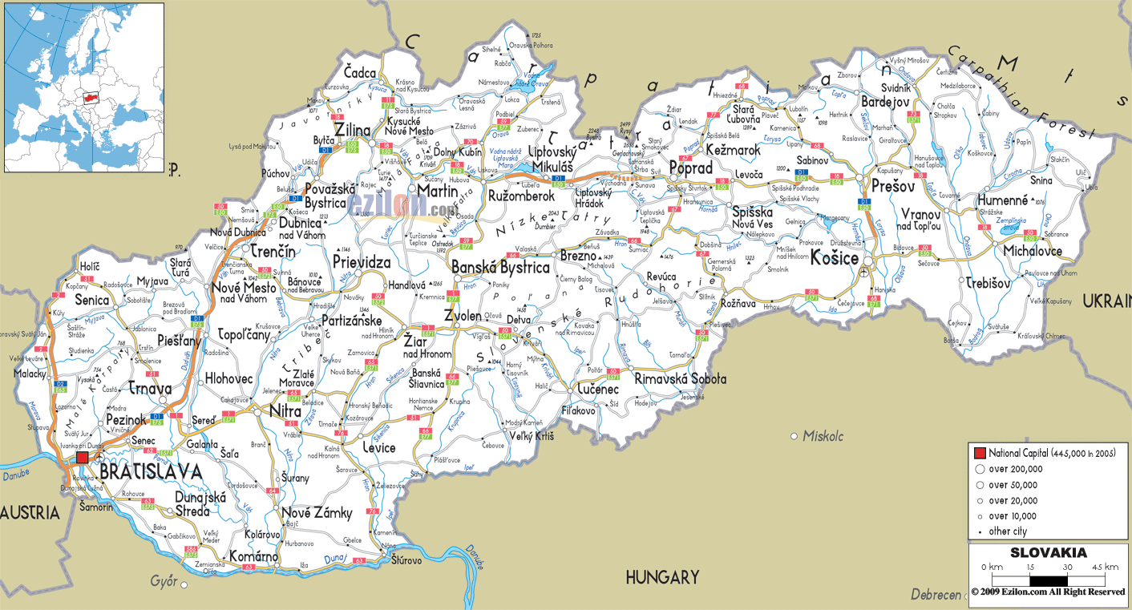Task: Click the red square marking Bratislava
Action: [x=83, y=458]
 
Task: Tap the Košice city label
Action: [x=835, y=259]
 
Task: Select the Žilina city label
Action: [x=353, y=130]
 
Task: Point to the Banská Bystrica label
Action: [x=500, y=268]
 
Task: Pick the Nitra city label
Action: [x=285, y=412]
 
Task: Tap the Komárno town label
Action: [x=253, y=556]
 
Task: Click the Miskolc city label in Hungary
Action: [x=823, y=436]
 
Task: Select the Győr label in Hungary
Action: [x=164, y=581]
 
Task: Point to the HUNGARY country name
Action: [x=663, y=577]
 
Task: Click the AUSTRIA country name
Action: [x=30, y=512]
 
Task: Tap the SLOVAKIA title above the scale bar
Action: [x=1048, y=552]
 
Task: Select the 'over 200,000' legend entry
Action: [x=1015, y=469]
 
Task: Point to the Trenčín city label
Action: [x=273, y=252]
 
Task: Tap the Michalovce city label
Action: [x=1033, y=252]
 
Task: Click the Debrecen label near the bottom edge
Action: [x=936, y=595]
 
